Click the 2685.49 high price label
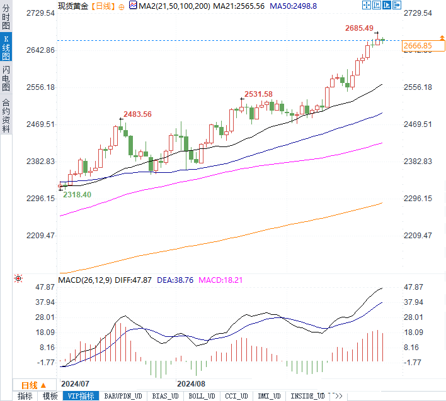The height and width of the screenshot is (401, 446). pos(362,28)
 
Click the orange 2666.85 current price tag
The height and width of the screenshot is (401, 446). pos(418,46)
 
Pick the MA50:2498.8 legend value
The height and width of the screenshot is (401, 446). pos(294,6)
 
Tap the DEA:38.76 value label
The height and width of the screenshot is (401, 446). pos(175,279)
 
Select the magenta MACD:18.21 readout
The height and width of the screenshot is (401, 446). pos(220,279)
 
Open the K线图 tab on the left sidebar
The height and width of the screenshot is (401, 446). pos(6,48)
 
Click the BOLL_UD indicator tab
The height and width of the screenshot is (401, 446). pos(202,396)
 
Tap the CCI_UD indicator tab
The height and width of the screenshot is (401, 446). pos(236,396)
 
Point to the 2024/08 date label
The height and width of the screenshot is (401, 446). pos(192,383)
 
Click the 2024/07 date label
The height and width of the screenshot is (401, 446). pos(76,383)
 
